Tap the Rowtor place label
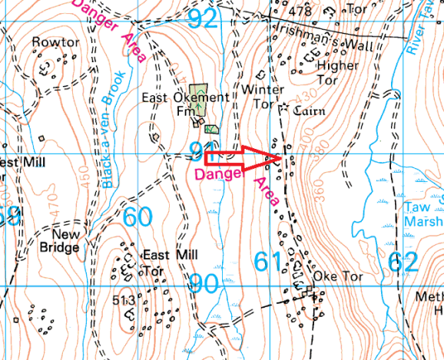coord(56,42)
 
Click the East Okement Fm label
coord(184,104)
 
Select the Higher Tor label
coord(337,72)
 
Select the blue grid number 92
coord(204,18)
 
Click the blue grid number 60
coord(138,218)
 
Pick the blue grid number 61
coord(269,263)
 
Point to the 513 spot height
coord(124,299)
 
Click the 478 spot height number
coord(300,12)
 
